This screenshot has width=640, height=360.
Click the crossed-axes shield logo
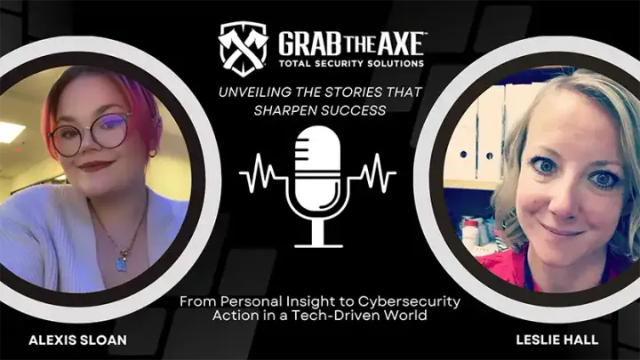243,44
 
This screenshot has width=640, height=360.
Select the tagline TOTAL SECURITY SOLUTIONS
351,64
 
